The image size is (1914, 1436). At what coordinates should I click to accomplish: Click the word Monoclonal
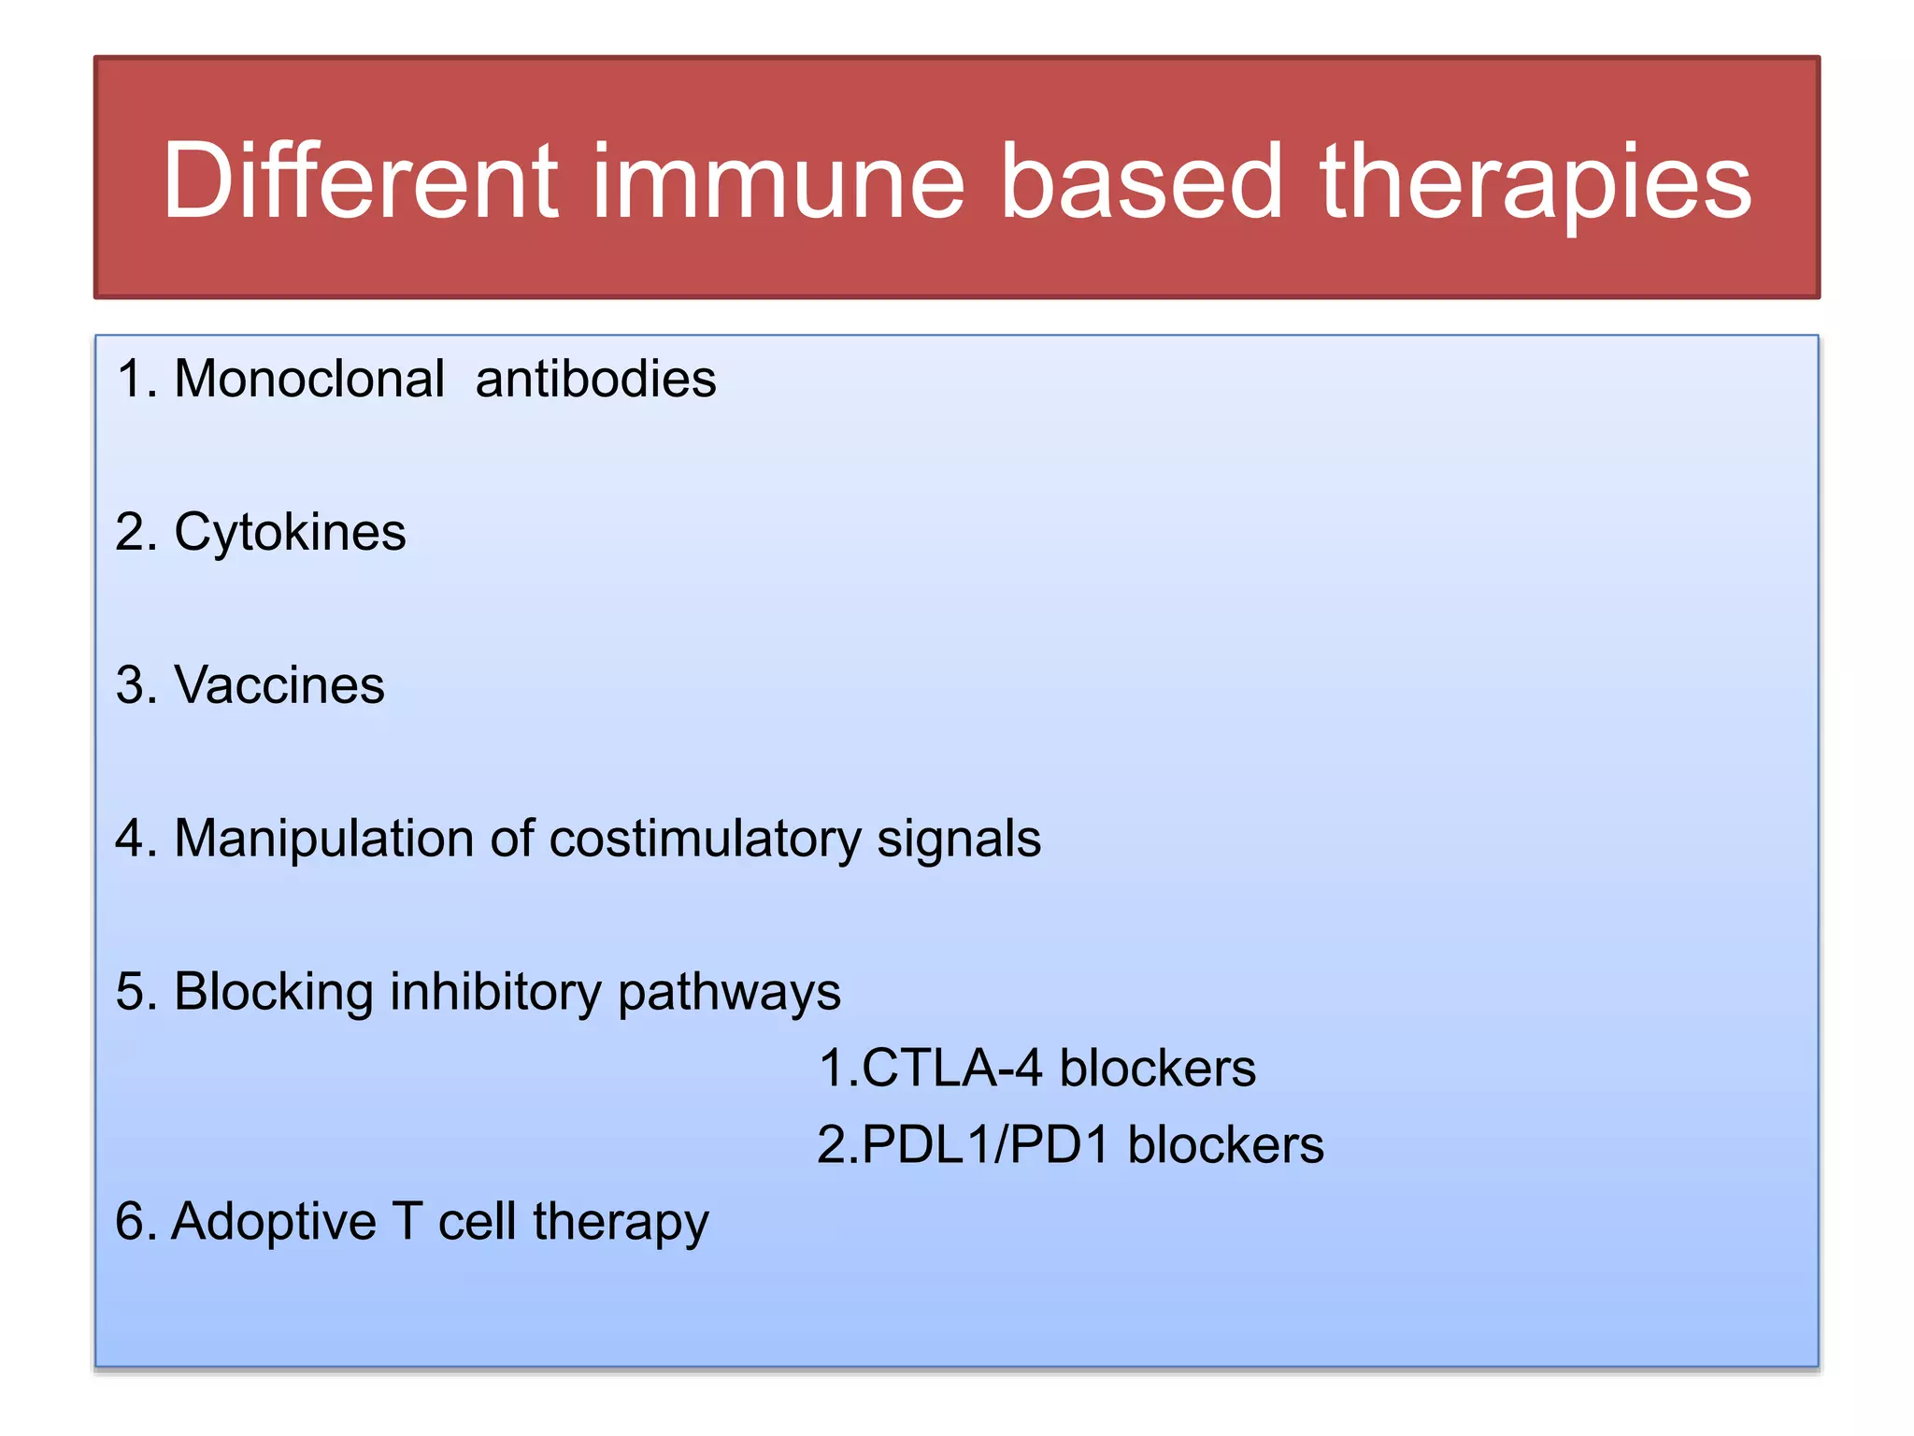click(309, 379)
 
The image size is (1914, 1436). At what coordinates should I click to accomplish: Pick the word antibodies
click(595, 379)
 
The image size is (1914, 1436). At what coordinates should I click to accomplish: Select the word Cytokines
click(290, 533)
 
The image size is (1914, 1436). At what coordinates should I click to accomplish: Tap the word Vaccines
click(279, 685)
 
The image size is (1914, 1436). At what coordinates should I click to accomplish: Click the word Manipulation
click(323, 839)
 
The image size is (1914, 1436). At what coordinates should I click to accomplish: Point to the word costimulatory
click(705, 839)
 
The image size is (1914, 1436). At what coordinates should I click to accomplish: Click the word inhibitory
click(494, 992)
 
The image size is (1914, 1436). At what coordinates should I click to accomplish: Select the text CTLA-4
click(950, 1068)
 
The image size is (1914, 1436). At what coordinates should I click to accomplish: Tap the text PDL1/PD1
click(985, 1145)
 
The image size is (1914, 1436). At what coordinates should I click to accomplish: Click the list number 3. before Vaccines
click(136, 685)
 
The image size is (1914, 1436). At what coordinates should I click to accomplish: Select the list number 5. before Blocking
click(136, 992)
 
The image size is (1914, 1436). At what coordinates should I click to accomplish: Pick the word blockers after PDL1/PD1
click(1225, 1145)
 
